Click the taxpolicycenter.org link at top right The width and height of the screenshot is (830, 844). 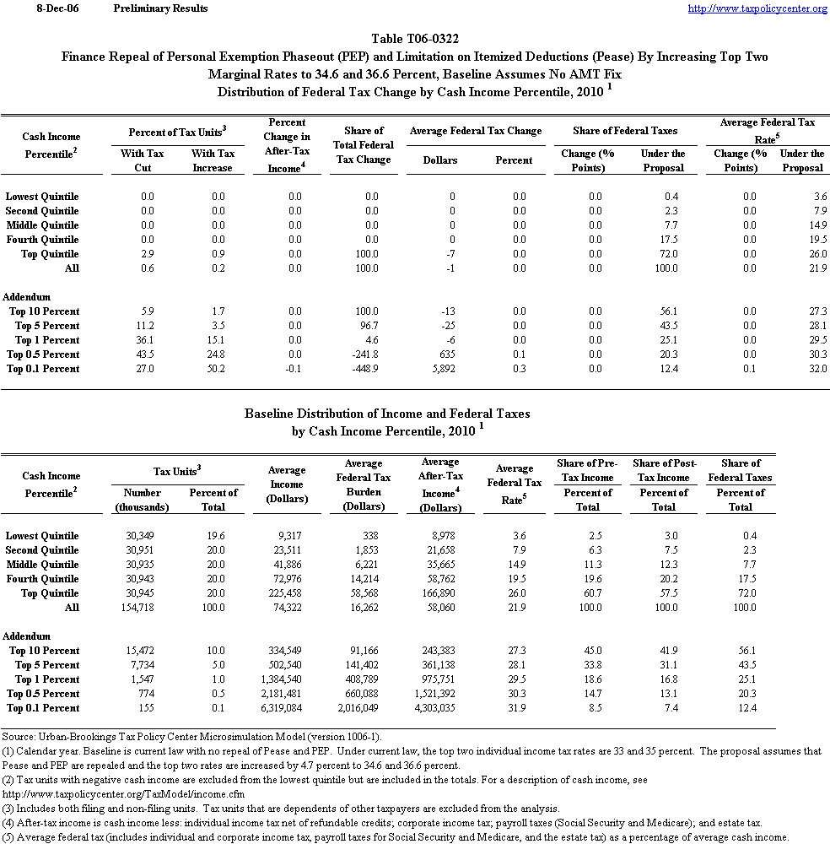point(757,8)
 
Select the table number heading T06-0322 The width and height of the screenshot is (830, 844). point(415,39)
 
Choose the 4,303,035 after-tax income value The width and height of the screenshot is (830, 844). point(439,708)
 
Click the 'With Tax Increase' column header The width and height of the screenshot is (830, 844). point(213,160)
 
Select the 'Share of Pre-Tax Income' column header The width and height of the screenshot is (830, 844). point(587,470)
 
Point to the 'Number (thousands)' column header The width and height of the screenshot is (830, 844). point(142,500)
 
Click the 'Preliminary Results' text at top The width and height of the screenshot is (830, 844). point(159,8)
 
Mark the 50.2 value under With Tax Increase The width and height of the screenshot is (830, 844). point(218,369)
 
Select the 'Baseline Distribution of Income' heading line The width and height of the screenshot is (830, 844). point(387,414)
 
